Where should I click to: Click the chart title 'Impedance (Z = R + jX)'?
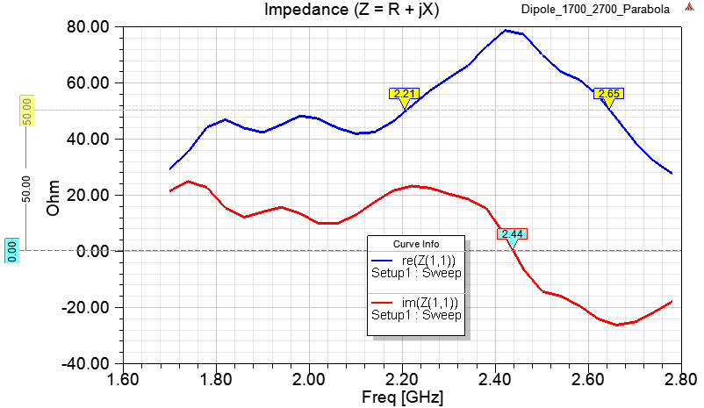coord(353,10)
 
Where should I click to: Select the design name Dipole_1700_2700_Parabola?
coord(619,10)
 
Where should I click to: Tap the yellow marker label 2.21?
coord(404,93)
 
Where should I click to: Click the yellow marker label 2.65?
coord(607,93)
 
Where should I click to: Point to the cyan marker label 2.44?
coord(511,233)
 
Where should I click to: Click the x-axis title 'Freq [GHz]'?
coord(402,397)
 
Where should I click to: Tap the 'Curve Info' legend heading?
coord(416,244)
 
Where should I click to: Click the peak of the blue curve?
coord(506,30)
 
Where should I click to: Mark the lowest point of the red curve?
coord(618,325)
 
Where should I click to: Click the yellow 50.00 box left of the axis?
coord(26,111)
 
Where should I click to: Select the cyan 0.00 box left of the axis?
coord(11,251)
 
